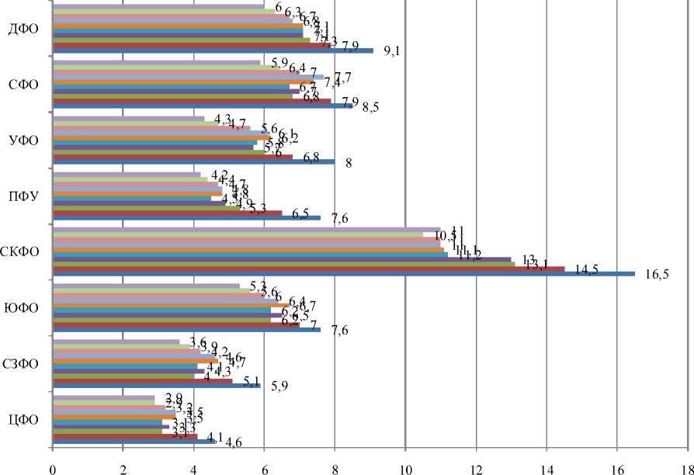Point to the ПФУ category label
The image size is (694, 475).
tap(24, 197)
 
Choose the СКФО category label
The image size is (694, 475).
tap(21, 253)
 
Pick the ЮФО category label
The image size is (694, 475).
tap(23, 309)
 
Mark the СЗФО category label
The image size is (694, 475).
tap(23, 364)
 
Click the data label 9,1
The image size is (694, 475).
tap(401, 53)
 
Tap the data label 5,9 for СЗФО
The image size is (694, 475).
tap(278, 387)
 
